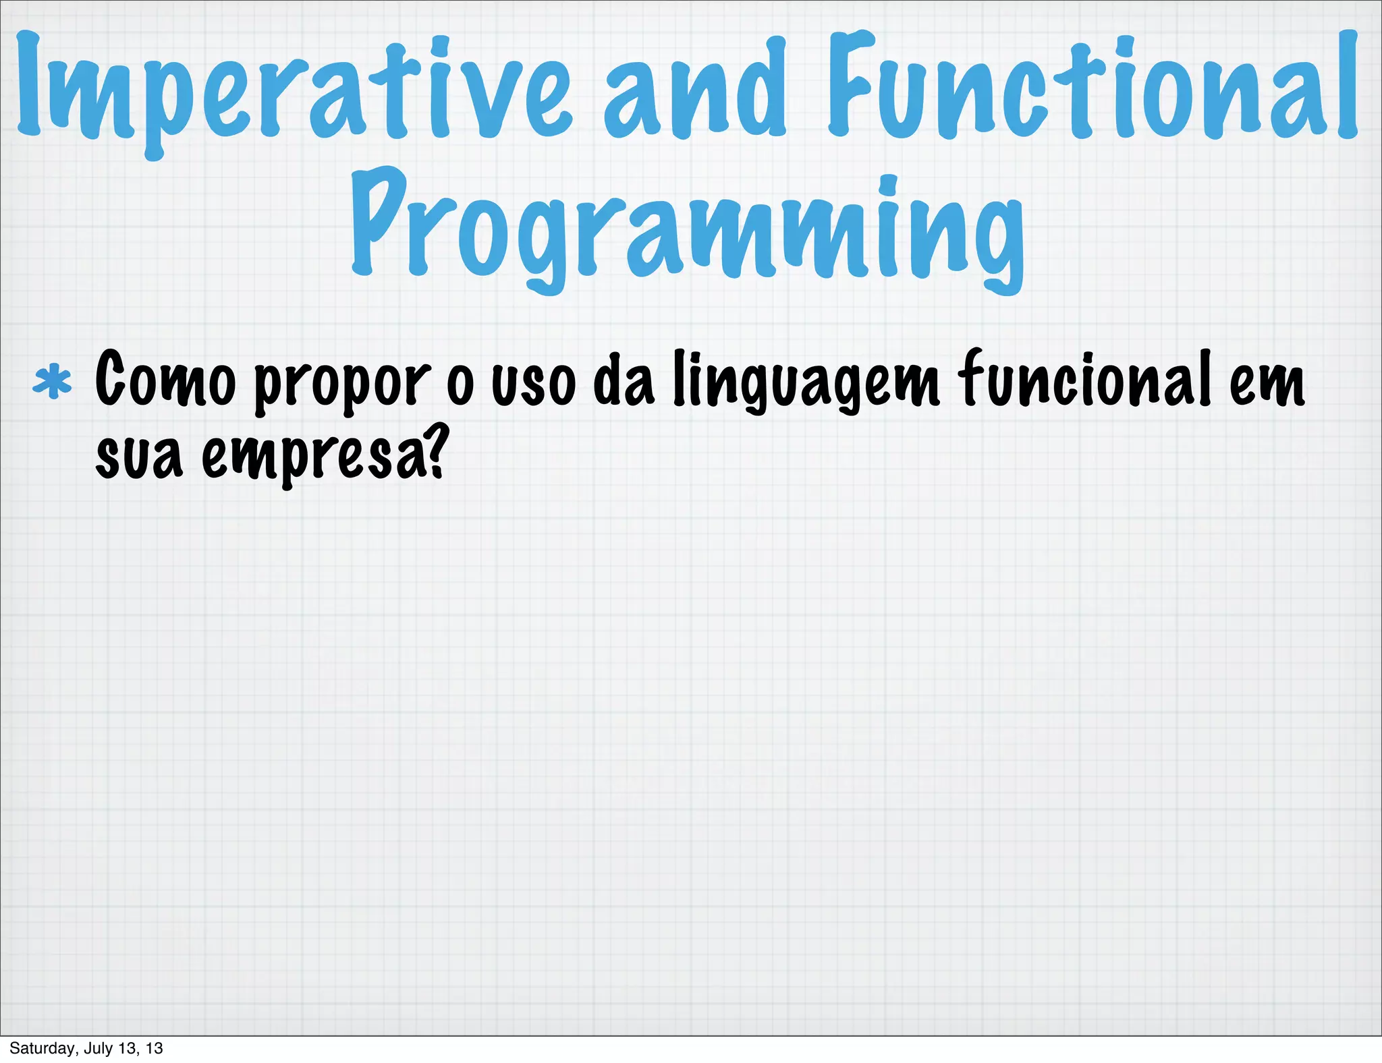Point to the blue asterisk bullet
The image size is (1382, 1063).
pos(52,382)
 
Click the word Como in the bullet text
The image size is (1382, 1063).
pos(165,381)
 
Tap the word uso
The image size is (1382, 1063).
pos(533,384)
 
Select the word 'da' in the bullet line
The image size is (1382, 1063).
pos(624,381)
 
